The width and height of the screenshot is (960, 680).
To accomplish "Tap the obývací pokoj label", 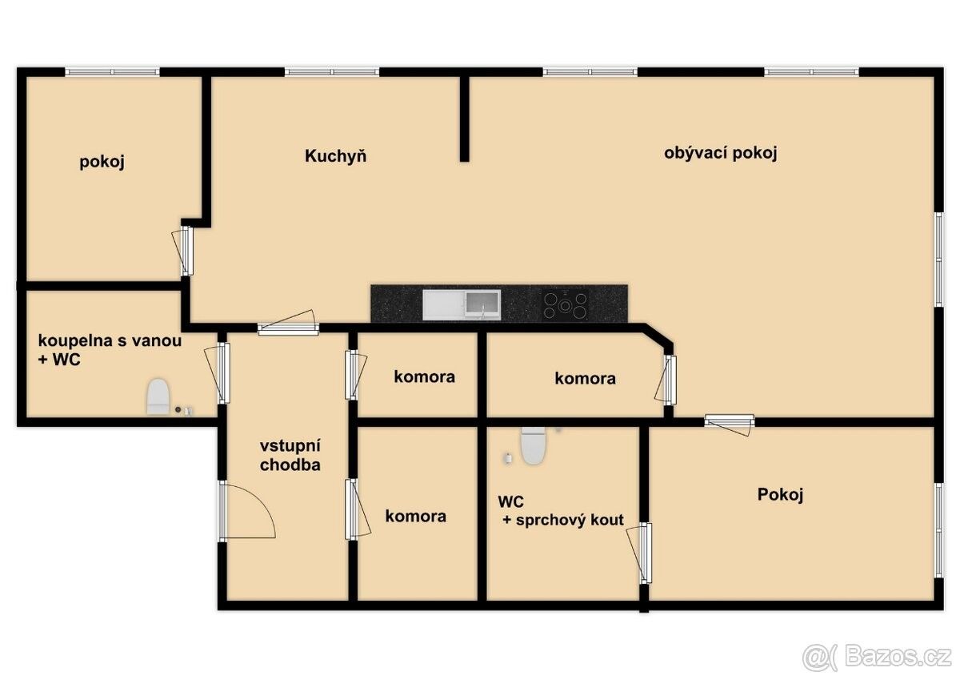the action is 721,153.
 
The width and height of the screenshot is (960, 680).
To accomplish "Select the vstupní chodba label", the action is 290,455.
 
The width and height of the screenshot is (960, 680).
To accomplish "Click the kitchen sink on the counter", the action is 461,305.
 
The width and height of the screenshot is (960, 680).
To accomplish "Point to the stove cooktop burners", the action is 566,305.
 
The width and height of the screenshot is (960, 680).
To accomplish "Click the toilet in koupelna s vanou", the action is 158,396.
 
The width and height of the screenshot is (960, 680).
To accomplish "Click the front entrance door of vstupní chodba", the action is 246,510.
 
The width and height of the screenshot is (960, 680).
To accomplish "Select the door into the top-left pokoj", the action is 182,251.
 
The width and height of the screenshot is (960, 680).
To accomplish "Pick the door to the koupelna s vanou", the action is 218,372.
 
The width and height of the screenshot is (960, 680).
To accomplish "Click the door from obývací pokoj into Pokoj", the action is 730,424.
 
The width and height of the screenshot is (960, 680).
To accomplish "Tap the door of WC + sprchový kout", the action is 639,553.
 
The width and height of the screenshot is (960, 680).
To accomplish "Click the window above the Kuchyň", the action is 332,71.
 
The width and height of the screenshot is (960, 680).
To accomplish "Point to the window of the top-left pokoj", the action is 112,71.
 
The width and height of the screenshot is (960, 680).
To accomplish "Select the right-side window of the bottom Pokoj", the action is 938,530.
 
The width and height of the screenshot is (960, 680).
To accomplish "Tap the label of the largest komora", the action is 415,516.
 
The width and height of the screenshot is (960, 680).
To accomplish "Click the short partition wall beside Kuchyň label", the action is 464,119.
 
